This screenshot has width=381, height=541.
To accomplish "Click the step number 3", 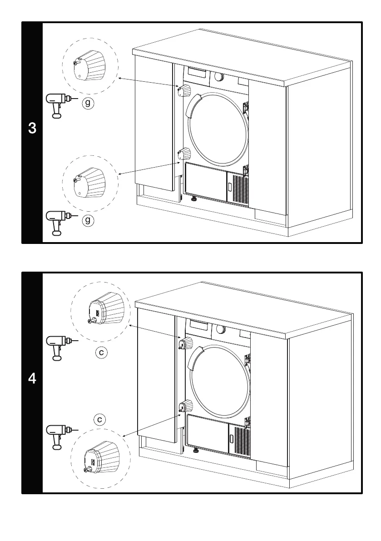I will [x=32, y=129].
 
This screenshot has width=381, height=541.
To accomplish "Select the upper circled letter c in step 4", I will [x=102, y=352].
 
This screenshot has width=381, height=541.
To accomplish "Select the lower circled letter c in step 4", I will [x=99, y=419].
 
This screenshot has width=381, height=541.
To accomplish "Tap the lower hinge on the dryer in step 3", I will [x=184, y=154].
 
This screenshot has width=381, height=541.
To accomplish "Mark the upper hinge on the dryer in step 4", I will [x=186, y=343].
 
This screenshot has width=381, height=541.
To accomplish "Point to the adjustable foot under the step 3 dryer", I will [x=194, y=199].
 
